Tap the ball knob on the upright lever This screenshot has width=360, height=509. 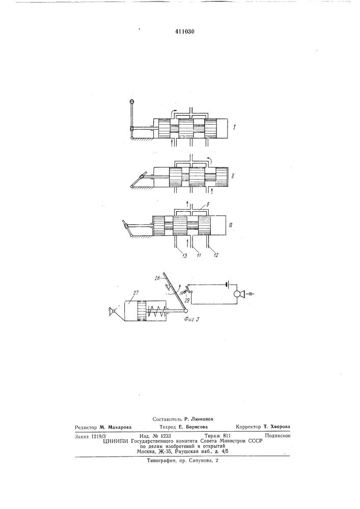click(x=132, y=102)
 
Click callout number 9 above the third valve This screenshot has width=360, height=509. click(x=203, y=205)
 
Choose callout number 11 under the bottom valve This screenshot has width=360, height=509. click(x=199, y=255)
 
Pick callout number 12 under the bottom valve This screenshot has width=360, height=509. click(x=215, y=255)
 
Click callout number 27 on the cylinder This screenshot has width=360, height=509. click(x=135, y=293)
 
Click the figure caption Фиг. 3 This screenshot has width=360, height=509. click(x=191, y=319)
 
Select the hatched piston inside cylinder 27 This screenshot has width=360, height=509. click(x=142, y=311)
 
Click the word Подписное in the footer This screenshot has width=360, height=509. click(x=278, y=436)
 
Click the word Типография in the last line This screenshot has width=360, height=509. click(x=161, y=460)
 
